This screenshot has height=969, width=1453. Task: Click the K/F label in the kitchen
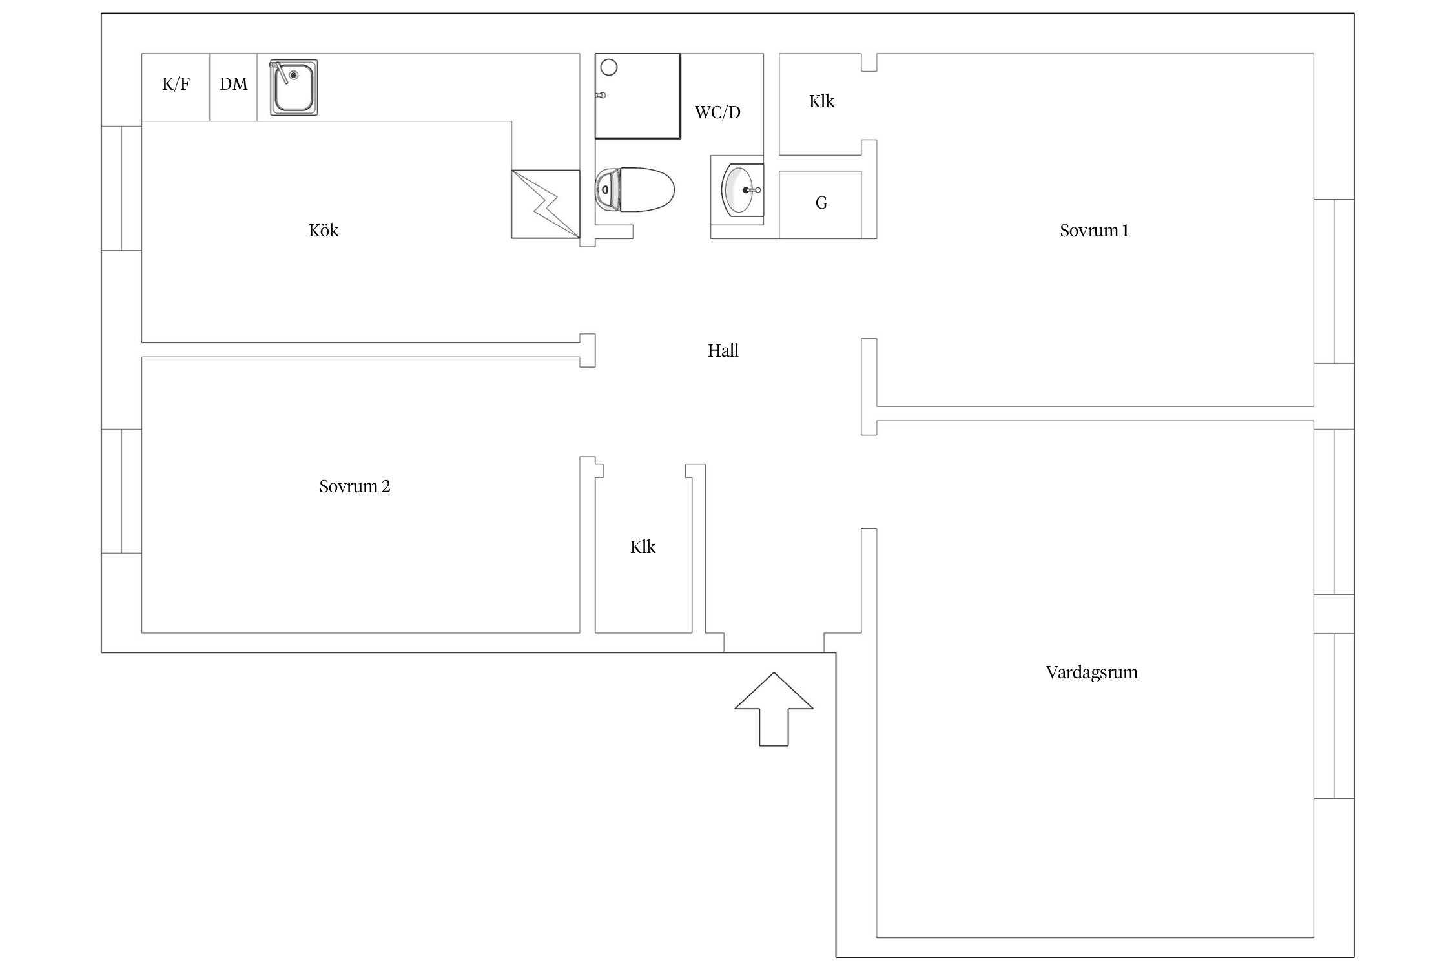click(176, 84)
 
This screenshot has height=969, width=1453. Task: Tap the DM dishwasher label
click(233, 84)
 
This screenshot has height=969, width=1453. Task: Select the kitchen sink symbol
click(294, 87)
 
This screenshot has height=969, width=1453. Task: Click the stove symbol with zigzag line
click(546, 204)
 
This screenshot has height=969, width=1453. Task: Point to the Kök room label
click(324, 231)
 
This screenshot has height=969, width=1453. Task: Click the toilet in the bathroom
click(634, 190)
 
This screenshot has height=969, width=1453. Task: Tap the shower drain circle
click(609, 67)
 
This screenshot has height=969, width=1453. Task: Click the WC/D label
click(717, 112)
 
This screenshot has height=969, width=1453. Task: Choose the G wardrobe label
click(821, 203)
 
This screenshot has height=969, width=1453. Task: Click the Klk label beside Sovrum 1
click(821, 101)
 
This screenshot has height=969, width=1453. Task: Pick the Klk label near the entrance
click(643, 547)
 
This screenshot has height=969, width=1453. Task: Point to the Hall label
click(723, 351)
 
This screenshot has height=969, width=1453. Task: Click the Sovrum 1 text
click(1094, 231)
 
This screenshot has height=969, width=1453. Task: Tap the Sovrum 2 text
click(355, 486)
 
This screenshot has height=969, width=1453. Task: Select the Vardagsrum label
click(1091, 672)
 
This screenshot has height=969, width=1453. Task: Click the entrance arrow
click(774, 709)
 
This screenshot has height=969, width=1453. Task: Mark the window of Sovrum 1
click(1334, 282)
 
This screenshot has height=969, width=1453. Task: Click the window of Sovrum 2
click(121, 491)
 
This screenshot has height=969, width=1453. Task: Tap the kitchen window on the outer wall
click(121, 188)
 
